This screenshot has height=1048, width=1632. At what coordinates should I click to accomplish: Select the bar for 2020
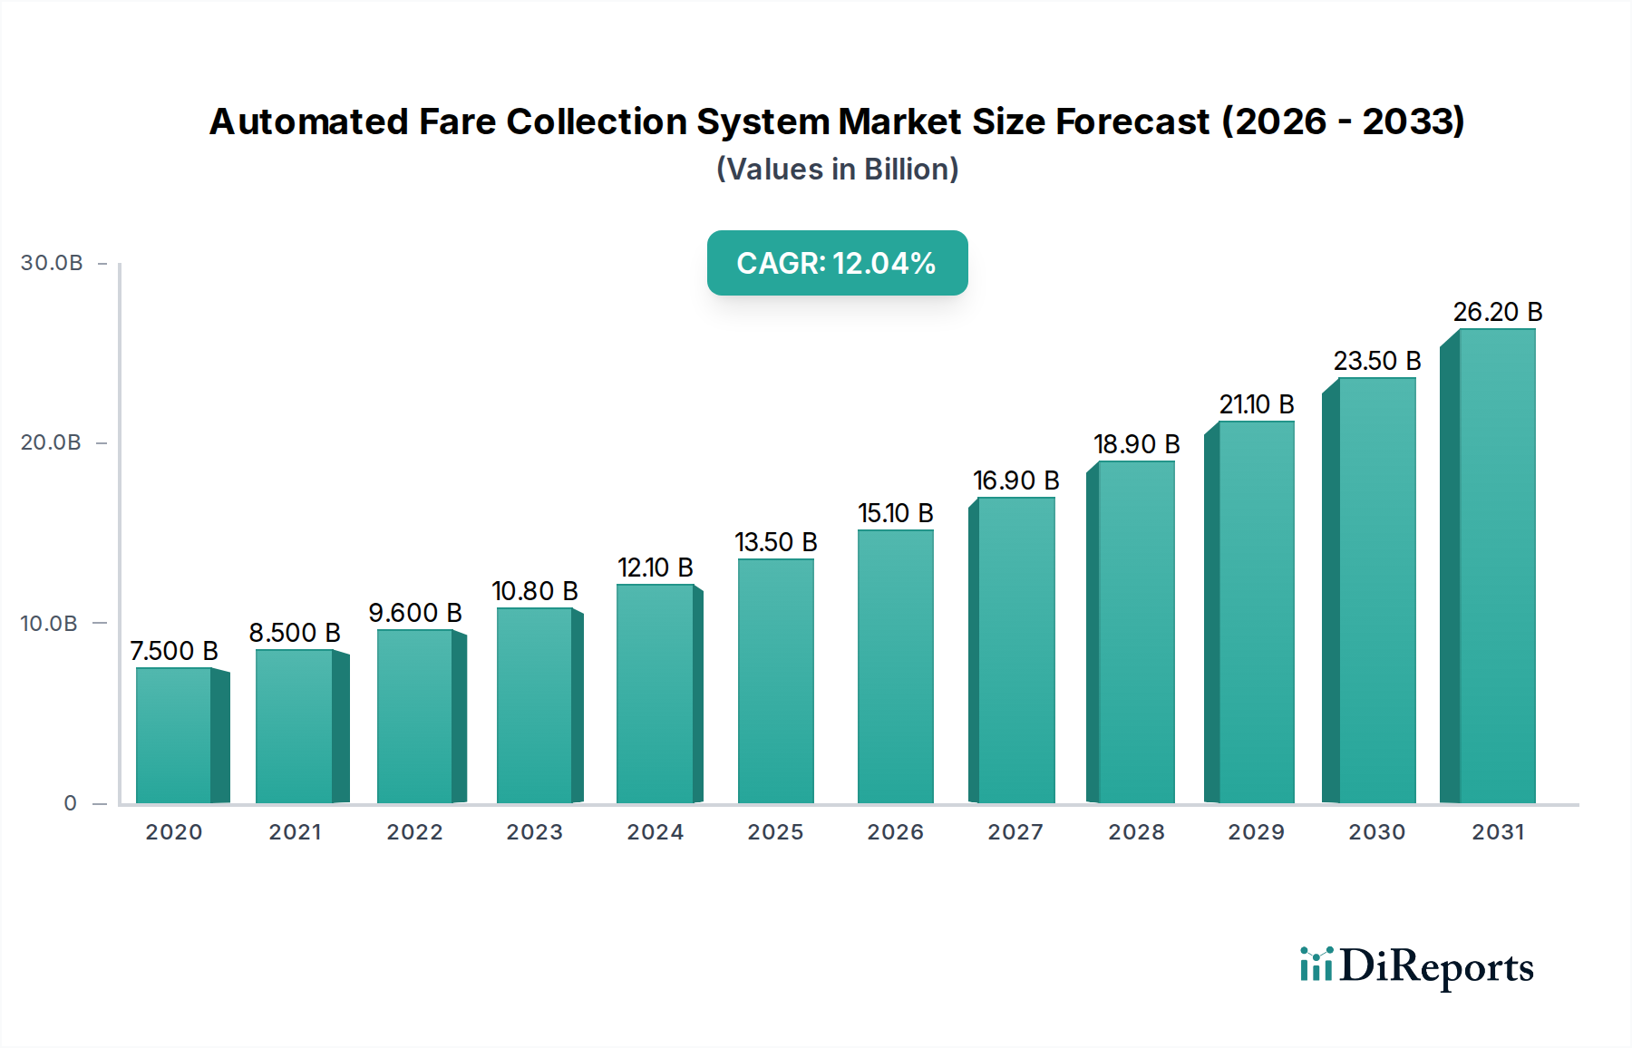174,735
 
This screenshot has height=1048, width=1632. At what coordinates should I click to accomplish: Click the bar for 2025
775,681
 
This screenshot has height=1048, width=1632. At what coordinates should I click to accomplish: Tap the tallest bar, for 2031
1496,566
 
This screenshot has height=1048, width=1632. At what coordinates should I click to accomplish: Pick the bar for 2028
1136,632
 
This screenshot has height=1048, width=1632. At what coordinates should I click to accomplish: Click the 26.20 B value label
1497,312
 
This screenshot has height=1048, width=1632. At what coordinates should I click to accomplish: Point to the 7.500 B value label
174,651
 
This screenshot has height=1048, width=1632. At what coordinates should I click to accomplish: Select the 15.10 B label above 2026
895,513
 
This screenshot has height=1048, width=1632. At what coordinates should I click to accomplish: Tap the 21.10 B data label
1256,404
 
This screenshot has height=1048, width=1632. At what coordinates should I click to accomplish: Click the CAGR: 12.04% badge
837,263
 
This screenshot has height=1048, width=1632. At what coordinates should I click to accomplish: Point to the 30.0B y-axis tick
52,263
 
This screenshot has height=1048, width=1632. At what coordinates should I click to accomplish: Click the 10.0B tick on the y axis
49,624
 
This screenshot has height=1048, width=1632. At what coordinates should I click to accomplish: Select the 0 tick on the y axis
70,803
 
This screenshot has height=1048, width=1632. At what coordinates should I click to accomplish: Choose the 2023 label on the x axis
534,832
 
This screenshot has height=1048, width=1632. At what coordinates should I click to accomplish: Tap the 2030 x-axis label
1376,832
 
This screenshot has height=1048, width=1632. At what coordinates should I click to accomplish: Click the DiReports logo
1416,966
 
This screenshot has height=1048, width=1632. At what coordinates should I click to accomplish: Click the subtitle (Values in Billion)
837,170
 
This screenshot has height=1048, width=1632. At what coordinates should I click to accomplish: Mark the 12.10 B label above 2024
655,568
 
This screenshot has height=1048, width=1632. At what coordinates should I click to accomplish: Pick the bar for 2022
415,716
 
